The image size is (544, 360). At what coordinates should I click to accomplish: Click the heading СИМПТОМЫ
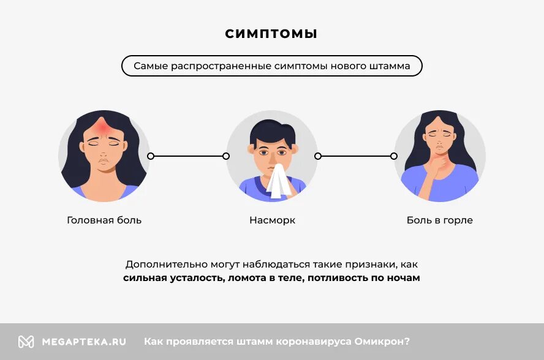click(271, 34)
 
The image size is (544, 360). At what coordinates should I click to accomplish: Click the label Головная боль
click(104, 220)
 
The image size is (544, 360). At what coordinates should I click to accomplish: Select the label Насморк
click(272, 220)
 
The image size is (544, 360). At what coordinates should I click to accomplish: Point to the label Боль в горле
click(439, 220)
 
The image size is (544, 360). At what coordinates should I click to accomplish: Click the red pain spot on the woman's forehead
click(102, 127)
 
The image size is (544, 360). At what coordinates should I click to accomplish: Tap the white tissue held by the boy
click(279, 181)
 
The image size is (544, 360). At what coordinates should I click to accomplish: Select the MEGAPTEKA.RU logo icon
click(26, 342)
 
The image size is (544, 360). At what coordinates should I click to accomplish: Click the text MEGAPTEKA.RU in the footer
click(84, 342)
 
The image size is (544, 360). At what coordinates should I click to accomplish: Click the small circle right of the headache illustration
click(151, 156)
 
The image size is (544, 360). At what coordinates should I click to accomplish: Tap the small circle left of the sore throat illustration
click(394, 156)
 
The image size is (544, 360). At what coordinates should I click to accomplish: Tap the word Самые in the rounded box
click(149, 66)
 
